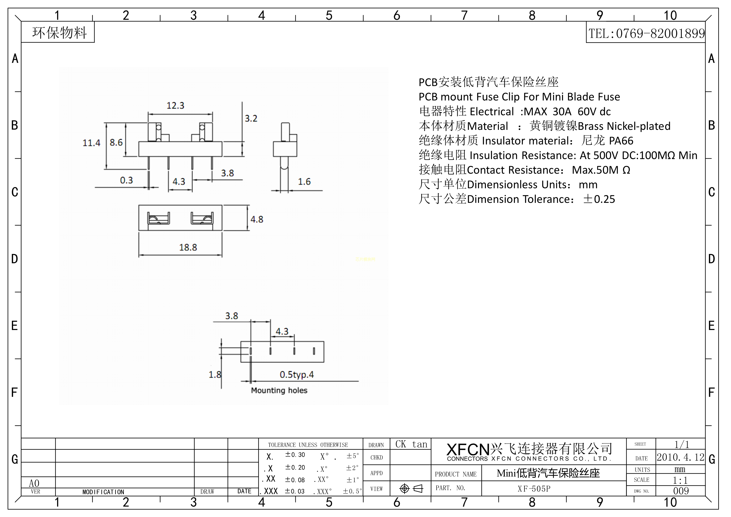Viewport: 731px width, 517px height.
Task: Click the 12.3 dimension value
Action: coord(175,105)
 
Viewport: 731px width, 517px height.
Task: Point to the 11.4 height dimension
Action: coord(91,143)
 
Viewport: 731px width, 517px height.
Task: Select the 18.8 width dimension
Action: coord(188,247)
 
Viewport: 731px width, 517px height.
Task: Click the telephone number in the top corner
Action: coord(646,33)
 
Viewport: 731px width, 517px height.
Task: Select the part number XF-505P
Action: coord(534,489)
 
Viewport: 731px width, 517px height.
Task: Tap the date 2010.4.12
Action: coord(680,457)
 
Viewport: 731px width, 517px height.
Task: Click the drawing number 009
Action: coord(681,491)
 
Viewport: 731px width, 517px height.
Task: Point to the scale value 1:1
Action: coord(680,480)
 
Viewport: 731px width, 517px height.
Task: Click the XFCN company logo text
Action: coord(468,449)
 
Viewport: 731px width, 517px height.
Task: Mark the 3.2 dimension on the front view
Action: coord(251,118)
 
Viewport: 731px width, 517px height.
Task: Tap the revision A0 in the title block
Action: coord(34,483)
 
